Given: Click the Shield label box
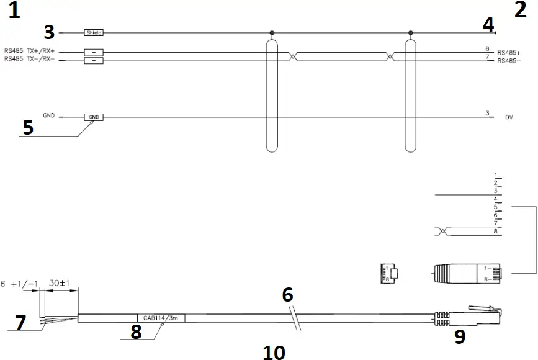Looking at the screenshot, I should [x=94, y=32].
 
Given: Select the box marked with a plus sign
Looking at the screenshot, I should [x=94, y=53].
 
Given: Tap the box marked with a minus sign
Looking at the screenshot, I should [x=94, y=60].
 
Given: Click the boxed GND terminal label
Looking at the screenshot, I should [x=94, y=117].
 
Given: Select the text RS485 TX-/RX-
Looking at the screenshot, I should [x=29, y=60].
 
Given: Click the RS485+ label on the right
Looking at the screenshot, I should [x=509, y=53].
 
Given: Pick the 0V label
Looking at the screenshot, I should [x=509, y=117].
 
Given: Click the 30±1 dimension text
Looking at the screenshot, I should [x=60, y=283].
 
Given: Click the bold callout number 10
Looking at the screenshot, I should [x=273, y=352].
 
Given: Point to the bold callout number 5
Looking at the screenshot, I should [x=28, y=127].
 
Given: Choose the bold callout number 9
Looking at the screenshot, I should [x=460, y=337].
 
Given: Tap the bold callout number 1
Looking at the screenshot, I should [x=13, y=11].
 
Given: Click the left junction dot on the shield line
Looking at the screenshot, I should [x=272, y=32].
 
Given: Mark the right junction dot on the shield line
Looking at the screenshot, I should [x=410, y=32].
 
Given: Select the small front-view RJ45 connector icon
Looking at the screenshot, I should [x=390, y=273].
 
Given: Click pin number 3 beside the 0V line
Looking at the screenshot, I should [x=488, y=113].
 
